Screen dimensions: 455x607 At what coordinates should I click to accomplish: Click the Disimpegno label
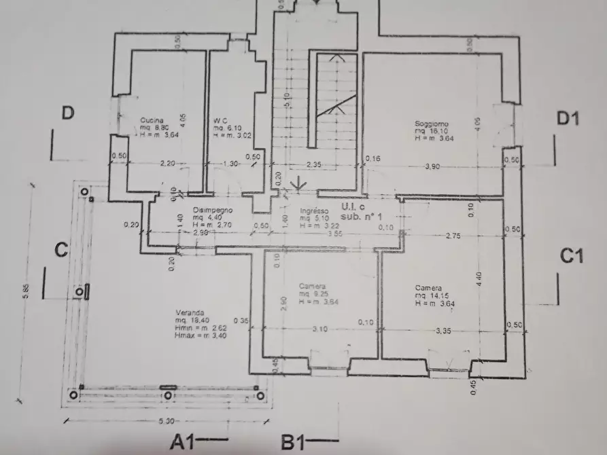click(x=211, y=210)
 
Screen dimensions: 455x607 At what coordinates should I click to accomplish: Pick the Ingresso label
click(x=314, y=211)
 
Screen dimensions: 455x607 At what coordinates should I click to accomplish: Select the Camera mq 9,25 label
click(x=311, y=287)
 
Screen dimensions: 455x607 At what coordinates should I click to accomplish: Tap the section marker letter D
click(x=67, y=113)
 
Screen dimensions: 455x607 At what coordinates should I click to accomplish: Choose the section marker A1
click(x=184, y=442)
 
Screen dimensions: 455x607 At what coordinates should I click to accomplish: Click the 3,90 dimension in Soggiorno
click(x=432, y=166)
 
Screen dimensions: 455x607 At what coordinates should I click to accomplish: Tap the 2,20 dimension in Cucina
click(x=167, y=164)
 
